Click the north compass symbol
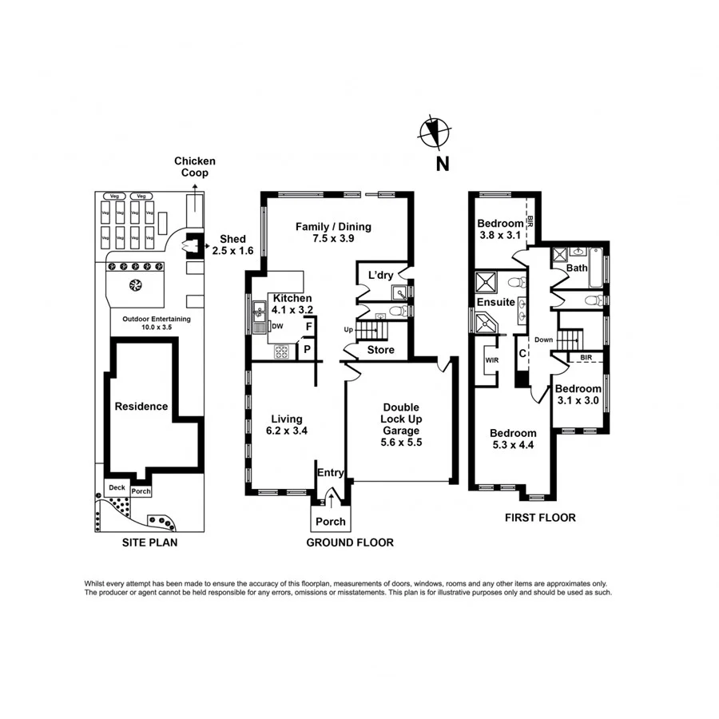435,131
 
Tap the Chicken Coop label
195,167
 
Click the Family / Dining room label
333,232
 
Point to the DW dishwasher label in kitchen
277,326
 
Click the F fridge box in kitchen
308,328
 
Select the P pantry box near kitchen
306,349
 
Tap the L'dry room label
380,276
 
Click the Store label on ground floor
380,350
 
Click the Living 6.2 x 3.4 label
286,424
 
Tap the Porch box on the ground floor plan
330,521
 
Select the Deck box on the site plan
117,487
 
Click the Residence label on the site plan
141,406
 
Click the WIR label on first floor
491,359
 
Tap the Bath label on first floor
577,268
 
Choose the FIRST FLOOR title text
539,517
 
